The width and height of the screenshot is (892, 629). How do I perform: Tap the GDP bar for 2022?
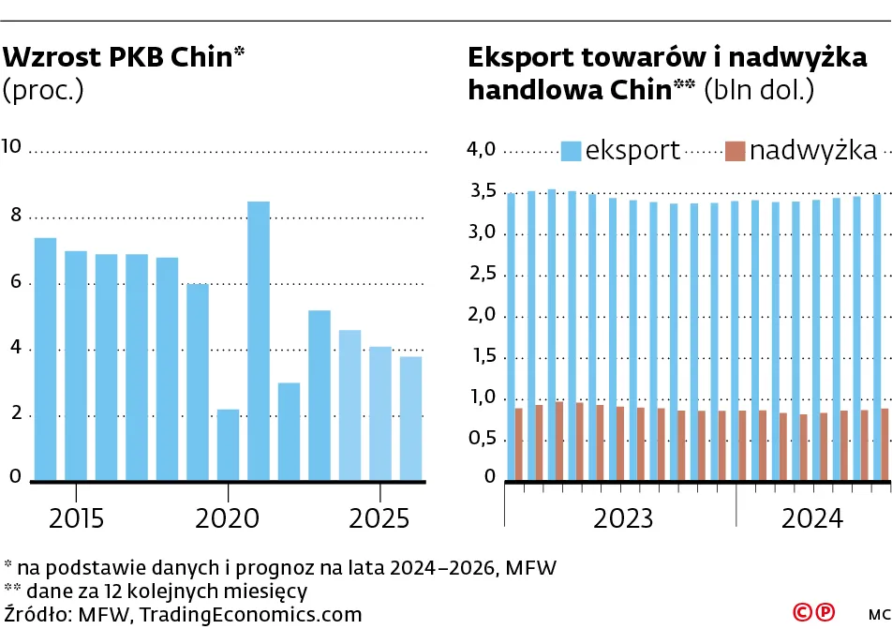289,431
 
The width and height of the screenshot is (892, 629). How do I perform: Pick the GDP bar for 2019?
197,382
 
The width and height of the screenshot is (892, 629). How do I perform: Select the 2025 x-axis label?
379,518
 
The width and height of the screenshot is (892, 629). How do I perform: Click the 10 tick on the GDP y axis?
12,146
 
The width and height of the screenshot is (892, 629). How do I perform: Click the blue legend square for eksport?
572,150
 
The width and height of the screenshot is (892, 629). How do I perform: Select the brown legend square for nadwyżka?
736,150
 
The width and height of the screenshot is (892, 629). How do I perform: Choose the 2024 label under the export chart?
812,518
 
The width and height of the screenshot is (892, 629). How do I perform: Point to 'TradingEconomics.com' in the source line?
251,614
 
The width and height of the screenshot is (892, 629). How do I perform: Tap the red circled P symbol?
824,612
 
